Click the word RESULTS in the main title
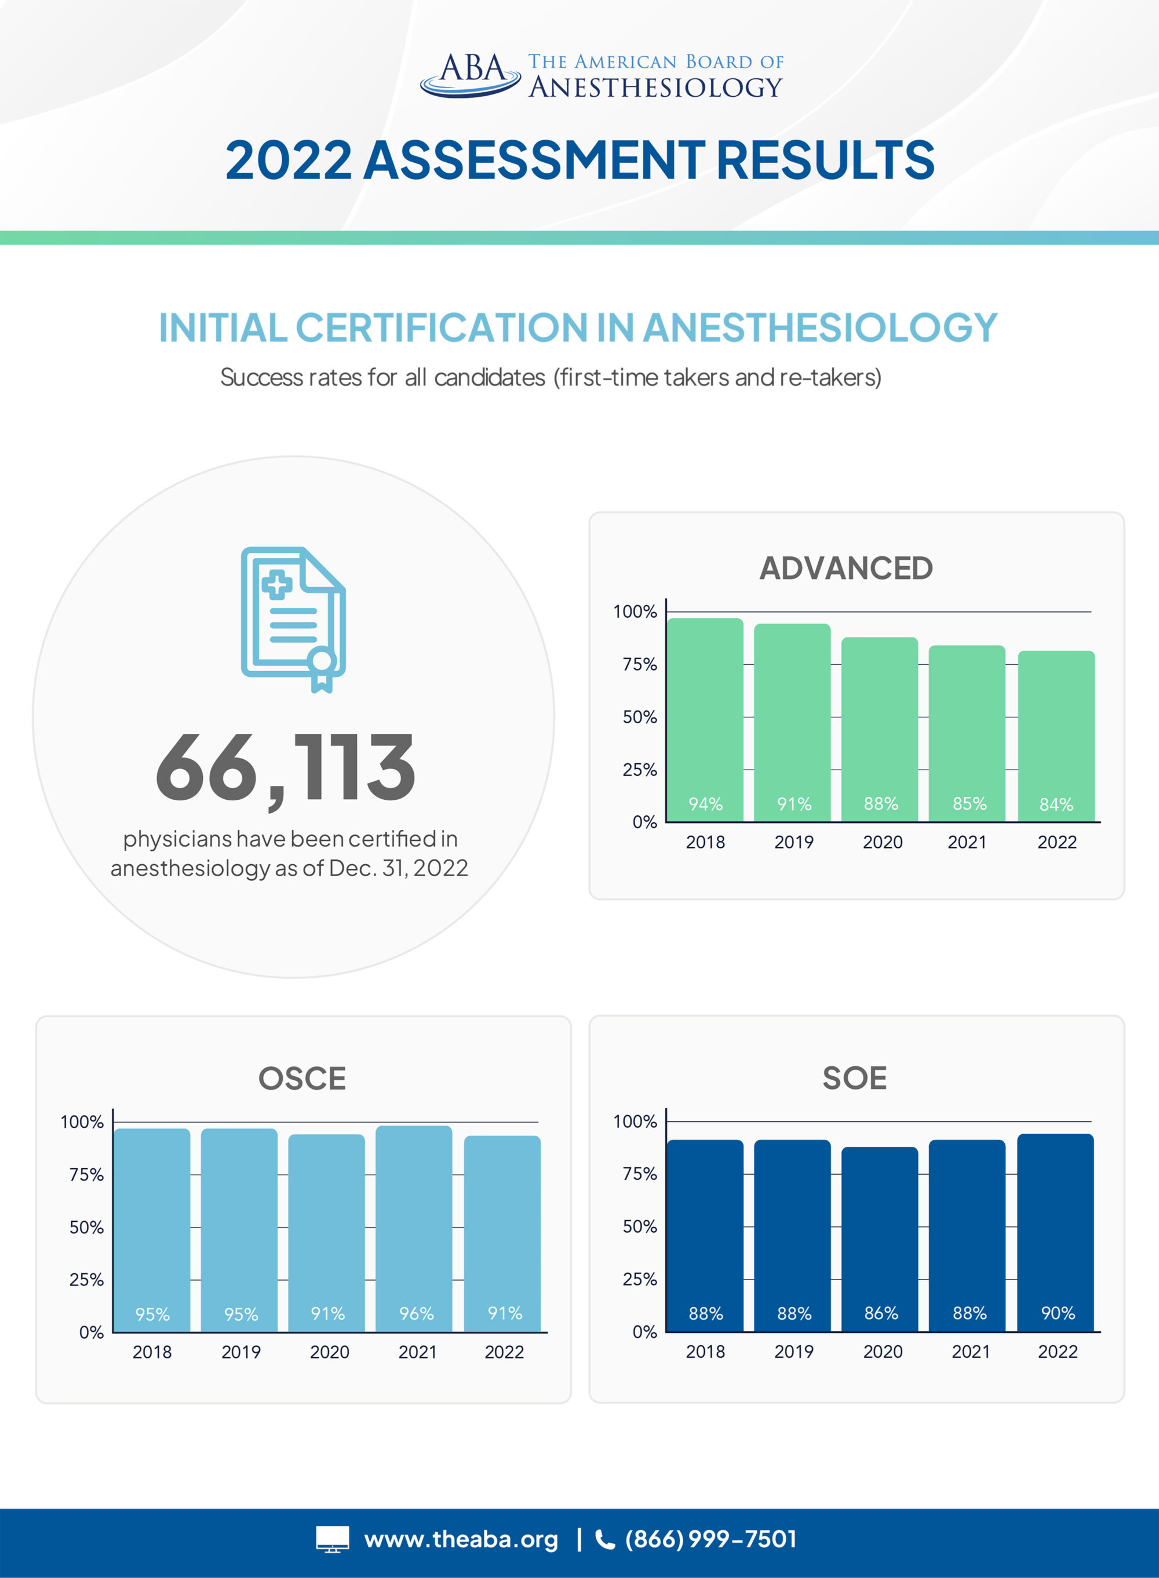825,160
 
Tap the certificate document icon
293,619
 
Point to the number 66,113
286,768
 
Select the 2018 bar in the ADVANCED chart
705,719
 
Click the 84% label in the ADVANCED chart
1056,804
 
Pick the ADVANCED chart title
846,568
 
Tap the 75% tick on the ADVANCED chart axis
639,665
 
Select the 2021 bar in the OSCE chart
414,1228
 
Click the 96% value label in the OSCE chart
416,1314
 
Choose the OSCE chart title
302,1078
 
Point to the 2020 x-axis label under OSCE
329,1352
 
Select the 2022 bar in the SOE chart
1055,1232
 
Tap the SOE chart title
855,1078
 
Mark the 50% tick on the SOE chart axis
639,1226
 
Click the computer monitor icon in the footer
332,1539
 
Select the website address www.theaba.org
461,1539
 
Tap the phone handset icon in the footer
605,1539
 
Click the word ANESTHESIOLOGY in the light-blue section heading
819,327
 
